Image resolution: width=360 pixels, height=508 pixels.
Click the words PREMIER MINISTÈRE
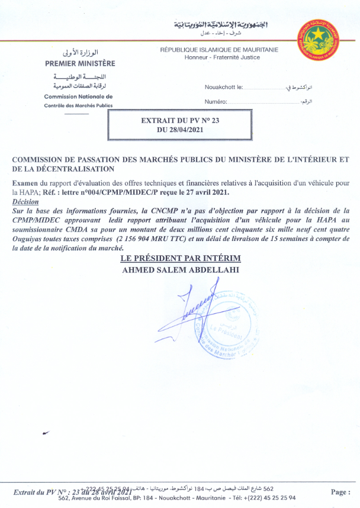[x=81, y=63]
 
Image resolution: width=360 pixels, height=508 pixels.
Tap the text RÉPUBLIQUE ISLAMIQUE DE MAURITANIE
[x=219, y=50]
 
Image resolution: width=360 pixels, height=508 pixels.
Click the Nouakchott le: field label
[x=224, y=87]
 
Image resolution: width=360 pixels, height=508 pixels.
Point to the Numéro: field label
[x=216, y=102]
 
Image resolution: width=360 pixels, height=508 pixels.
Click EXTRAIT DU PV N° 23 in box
[x=180, y=120]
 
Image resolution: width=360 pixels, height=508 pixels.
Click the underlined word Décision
[x=24, y=201]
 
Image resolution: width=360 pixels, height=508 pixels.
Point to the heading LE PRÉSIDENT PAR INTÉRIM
[x=180, y=259]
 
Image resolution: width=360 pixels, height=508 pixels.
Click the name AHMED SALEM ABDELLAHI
[x=180, y=269]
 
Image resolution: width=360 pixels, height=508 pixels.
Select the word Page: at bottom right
[x=340, y=492]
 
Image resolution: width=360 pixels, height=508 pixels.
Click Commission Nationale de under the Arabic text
[x=78, y=96]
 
